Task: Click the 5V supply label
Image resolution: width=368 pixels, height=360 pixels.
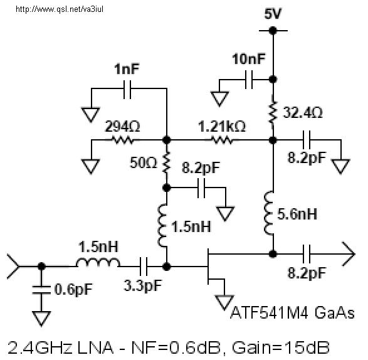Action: pos(273,13)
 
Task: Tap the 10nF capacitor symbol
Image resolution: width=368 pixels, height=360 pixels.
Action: pos(249,80)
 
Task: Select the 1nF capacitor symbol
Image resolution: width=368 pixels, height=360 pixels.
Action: pos(127,89)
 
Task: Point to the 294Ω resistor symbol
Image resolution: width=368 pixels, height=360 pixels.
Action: pos(123,140)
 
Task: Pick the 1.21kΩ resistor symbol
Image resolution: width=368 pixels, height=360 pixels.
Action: pos(222,140)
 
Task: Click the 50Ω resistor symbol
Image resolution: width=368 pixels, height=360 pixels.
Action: pos(166,162)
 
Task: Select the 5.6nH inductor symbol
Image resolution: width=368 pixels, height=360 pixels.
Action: pos(269,213)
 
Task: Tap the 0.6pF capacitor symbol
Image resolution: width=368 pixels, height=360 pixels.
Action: pos(41,290)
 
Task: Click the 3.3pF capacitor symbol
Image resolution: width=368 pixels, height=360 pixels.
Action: pos(144,267)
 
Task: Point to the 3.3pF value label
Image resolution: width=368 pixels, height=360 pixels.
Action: pos(143,286)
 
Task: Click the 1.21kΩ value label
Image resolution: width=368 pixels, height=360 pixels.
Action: pos(222,126)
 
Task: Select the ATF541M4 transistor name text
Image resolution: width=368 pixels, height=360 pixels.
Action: pos(269,313)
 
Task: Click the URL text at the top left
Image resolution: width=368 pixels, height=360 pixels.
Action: pos(60,9)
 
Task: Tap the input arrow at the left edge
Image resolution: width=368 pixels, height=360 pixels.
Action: pos(14,267)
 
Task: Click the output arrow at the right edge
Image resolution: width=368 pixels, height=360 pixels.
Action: pos(349,254)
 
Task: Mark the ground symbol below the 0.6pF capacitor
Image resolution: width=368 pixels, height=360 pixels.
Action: pos(41,319)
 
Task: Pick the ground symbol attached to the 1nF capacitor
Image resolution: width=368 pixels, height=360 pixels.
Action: pos(91,115)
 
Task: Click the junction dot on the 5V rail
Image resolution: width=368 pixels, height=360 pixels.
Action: pos(273,30)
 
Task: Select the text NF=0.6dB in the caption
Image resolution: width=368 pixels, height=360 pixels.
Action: pos(176,347)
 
